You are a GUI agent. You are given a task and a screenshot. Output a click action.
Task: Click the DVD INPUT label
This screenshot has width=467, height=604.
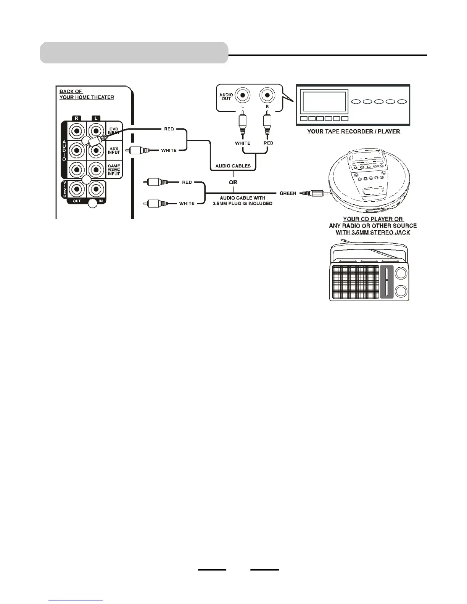(114, 131)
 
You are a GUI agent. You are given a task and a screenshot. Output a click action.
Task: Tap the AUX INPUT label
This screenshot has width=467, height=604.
(114, 150)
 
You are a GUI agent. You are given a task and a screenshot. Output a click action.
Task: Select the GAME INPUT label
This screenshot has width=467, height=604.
(114, 170)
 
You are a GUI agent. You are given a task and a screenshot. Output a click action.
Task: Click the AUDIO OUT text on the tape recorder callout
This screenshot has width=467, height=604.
(226, 96)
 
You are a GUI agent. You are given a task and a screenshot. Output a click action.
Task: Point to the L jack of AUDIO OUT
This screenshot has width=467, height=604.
(242, 95)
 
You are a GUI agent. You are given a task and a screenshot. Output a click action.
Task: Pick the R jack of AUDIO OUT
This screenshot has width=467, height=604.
(267, 95)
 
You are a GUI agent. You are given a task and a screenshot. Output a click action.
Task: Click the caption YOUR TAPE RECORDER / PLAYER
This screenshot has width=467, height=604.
(354, 132)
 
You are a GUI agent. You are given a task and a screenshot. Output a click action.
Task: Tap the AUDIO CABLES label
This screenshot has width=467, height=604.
(233, 166)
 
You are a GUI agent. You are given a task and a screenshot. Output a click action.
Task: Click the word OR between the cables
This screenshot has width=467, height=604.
(233, 182)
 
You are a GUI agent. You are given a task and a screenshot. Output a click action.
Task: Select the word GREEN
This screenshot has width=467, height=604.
(288, 193)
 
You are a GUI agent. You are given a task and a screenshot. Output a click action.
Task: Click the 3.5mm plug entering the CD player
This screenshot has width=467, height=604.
(313, 193)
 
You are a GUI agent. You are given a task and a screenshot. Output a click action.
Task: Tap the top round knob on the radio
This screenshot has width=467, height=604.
(401, 273)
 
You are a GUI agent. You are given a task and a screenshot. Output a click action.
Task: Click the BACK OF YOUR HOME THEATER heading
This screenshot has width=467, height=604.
(86, 94)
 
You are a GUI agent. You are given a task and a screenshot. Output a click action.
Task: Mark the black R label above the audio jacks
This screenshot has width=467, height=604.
(77, 118)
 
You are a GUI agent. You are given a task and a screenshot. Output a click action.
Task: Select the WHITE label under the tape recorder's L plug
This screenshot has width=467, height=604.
(243, 143)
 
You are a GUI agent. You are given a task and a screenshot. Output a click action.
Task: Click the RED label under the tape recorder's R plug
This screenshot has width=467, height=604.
(268, 143)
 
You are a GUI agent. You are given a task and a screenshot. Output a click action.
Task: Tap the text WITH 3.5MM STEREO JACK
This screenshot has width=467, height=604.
(373, 232)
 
